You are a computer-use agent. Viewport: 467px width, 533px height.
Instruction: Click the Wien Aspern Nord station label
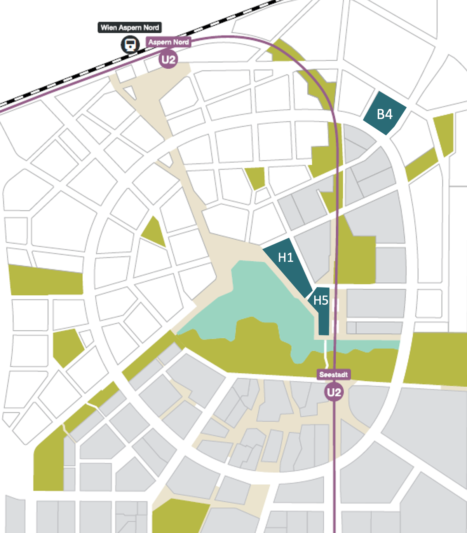pos(129,28)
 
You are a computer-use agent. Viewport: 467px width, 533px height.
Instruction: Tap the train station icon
pos(130,45)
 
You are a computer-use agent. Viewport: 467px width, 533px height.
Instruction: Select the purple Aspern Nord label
pos(169,42)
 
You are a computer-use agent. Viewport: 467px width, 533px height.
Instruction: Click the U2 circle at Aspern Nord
pos(168,60)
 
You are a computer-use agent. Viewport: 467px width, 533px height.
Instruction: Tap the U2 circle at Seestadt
pos(334,392)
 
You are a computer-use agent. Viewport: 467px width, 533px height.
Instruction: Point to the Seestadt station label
pos(333,375)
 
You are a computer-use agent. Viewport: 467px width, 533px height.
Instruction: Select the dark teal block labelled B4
pos(385,113)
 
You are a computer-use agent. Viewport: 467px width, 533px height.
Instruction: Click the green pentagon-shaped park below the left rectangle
pos(67,346)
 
